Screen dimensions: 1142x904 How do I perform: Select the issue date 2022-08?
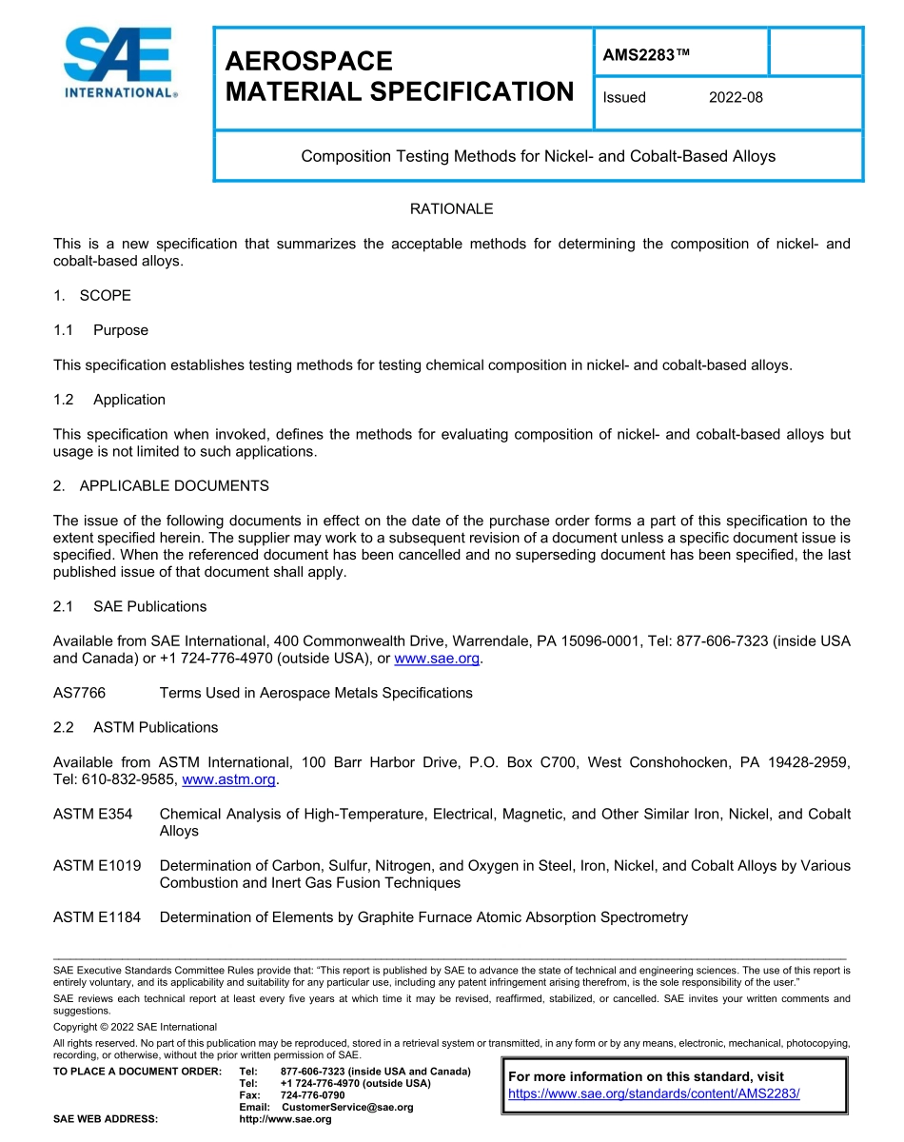pos(736,97)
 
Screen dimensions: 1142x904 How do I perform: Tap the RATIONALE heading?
pos(451,208)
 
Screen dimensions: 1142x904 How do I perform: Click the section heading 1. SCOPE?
pos(92,295)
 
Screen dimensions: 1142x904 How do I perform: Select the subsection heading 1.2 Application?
pos(109,400)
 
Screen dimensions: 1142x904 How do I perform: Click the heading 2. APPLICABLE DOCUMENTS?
pos(161,485)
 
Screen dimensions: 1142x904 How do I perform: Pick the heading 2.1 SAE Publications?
pos(129,606)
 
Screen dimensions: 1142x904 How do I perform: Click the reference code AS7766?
pos(79,693)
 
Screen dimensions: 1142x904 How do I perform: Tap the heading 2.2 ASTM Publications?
pos(135,727)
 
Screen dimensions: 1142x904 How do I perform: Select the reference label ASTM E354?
pos(92,814)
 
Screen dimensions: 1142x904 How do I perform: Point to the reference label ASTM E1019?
pos(97,866)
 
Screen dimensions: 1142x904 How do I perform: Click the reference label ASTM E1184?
pos(97,917)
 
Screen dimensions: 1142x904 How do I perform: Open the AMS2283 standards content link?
pos(654,1093)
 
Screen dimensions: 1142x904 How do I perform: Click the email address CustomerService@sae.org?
pos(347,1107)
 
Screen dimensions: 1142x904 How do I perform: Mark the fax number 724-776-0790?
pos(312,1095)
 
